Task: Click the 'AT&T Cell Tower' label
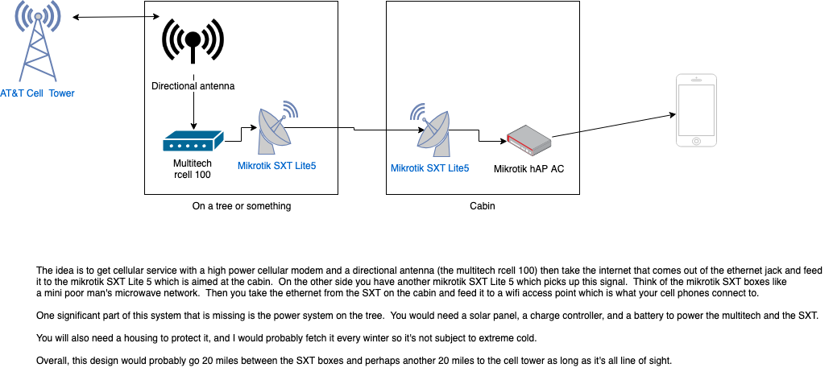click(x=37, y=93)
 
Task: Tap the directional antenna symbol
click(x=193, y=39)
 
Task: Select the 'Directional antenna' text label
click(x=193, y=85)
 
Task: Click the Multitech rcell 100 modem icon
click(x=193, y=142)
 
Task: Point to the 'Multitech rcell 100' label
click(x=193, y=169)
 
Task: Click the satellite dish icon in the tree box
click(x=276, y=128)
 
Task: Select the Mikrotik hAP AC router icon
click(x=528, y=139)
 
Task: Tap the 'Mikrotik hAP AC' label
click(x=528, y=169)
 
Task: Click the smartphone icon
click(x=695, y=110)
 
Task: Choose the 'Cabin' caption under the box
click(x=483, y=206)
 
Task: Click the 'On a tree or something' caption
click(x=242, y=206)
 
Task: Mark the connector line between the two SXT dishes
click(x=354, y=129)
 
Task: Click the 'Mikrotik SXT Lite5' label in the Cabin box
click(x=429, y=168)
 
